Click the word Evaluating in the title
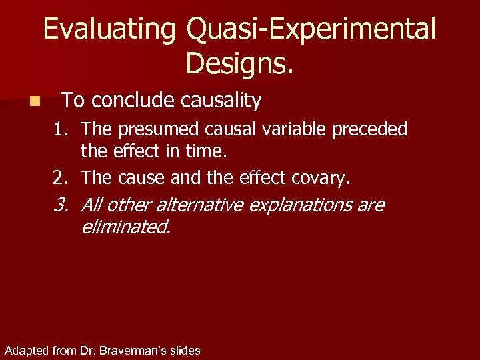coord(110,29)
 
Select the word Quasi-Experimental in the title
coord(311,29)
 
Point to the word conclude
coord(131,101)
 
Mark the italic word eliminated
coord(125,228)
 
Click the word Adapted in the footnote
coord(25,350)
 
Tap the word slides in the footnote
coord(185,350)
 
